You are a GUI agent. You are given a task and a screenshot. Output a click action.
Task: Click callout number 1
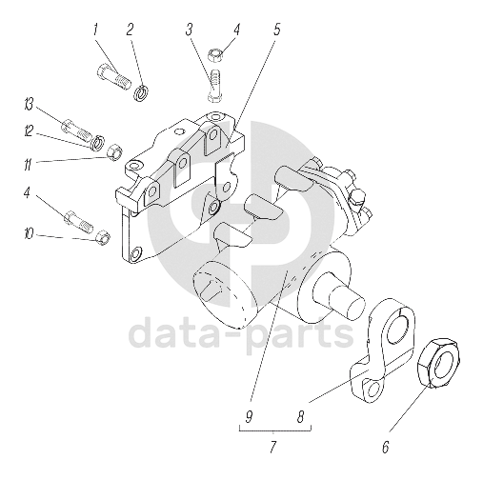coord(95,30)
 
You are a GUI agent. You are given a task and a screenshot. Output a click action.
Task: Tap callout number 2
coord(130,30)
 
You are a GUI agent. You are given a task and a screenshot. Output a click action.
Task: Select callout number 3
coord(190,30)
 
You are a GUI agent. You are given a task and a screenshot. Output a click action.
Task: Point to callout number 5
coord(276,30)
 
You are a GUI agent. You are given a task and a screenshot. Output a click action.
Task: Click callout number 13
coord(29,105)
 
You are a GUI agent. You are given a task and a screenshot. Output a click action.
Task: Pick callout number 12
coord(29,131)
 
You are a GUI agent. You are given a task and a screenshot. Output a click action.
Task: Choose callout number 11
coord(29,165)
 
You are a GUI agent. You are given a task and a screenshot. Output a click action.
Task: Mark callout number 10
coord(29,234)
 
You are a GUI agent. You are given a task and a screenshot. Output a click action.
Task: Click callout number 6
coord(385,448)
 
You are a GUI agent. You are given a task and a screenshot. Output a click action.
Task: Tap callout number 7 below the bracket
coord(272,448)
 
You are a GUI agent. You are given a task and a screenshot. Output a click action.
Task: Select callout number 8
coord(300,416)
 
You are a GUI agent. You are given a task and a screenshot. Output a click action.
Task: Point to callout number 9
coord(249,416)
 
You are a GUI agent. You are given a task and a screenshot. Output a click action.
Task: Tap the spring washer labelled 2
coord(141,92)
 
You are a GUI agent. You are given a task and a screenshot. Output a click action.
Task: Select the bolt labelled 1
coord(113,76)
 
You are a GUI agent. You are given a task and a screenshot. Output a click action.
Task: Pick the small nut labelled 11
coord(115,151)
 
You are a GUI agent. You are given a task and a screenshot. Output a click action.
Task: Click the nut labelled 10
coord(103,237)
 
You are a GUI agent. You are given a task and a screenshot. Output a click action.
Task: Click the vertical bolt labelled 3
coord(215,86)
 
